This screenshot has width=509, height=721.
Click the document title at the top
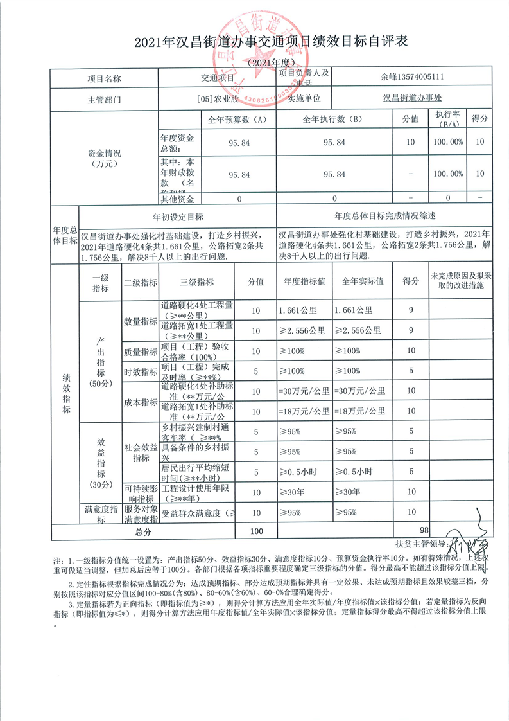pyautogui.click(x=254, y=42)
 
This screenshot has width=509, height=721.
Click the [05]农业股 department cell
pyautogui.click(x=218, y=100)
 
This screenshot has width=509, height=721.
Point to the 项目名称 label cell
pyautogui.click(x=104, y=78)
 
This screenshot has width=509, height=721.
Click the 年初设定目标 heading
pyautogui.click(x=178, y=217)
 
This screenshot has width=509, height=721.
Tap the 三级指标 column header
pyautogui.click(x=197, y=282)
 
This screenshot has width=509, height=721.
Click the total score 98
pyautogui.click(x=424, y=530)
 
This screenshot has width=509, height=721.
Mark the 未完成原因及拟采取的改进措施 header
pyautogui.click(x=457, y=282)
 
